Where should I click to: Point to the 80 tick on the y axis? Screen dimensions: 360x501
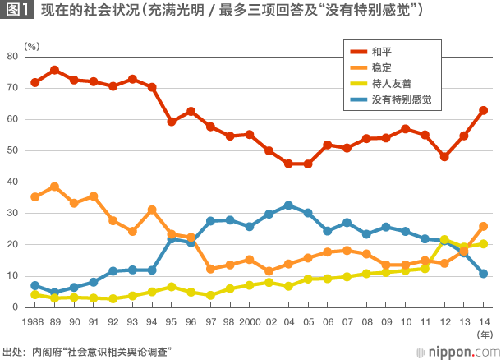click(x=12, y=56)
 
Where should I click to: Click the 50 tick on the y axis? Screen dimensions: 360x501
click(x=12, y=150)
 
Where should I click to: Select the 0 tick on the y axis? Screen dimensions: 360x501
click(x=15, y=307)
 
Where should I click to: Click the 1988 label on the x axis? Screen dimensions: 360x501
click(x=34, y=323)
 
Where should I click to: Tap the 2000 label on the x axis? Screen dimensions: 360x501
click(x=249, y=323)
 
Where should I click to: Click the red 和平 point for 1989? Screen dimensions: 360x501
click(x=54, y=70)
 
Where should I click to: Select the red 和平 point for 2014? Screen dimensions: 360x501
click(x=484, y=110)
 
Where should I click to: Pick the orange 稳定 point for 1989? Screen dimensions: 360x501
click(x=54, y=187)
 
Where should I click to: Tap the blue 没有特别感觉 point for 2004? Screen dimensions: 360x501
click(x=288, y=205)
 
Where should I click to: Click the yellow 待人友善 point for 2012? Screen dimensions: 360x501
click(x=444, y=240)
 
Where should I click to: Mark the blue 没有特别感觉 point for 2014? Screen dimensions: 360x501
click(x=484, y=274)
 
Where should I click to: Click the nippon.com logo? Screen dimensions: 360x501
click(x=456, y=351)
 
